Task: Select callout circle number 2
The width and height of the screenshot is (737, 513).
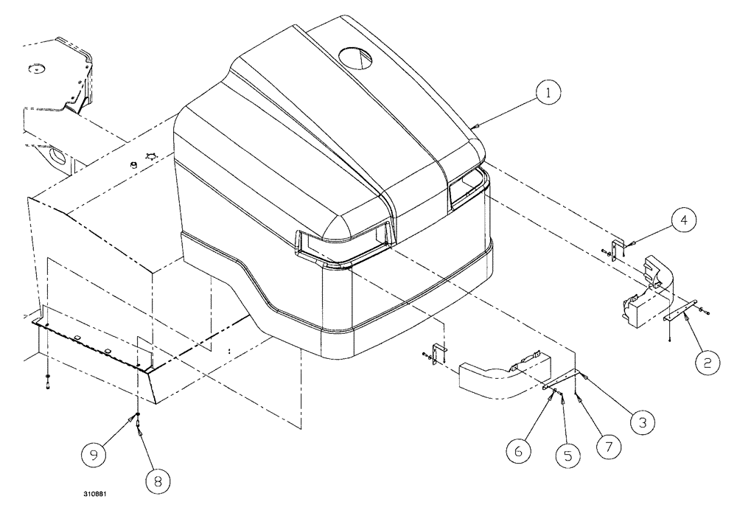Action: (707, 362)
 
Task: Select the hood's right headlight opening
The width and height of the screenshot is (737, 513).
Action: (467, 184)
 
